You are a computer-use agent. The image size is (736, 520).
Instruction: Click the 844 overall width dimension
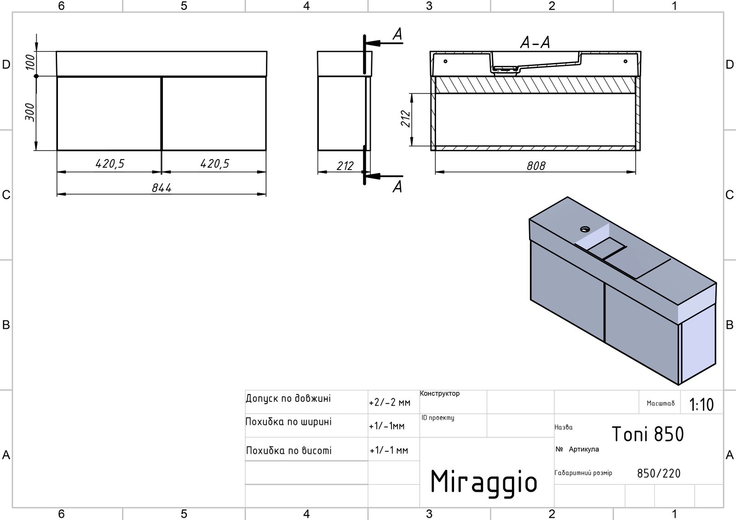tap(161, 188)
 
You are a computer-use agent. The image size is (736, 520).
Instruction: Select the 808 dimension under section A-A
tap(536, 166)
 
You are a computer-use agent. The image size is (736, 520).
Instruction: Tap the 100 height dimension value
tap(30, 62)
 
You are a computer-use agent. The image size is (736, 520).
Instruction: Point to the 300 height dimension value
tap(30, 112)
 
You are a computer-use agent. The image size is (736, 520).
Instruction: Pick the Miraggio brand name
tap(483, 482)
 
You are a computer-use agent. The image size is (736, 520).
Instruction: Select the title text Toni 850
tap(648, 434)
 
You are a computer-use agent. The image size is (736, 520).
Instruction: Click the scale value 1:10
tap(701, 405)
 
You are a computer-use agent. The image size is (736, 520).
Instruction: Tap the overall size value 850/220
tap(659, 474)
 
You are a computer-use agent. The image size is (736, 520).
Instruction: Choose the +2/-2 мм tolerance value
tap(390, 402)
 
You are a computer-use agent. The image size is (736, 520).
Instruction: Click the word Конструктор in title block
tap(440, 393)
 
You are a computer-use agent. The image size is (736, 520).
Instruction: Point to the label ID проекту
tap(438, 418)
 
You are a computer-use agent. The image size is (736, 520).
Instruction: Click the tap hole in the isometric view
tap(585, 229)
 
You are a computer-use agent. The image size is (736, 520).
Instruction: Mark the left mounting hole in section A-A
tap(446, 61)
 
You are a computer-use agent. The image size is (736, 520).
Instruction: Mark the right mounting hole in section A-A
tap(625, 61)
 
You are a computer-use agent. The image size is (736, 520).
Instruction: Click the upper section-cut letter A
tap(397, 34)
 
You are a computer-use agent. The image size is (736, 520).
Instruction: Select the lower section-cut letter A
tap(397, 187)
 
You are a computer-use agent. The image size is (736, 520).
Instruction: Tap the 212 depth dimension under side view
tap(345, 166)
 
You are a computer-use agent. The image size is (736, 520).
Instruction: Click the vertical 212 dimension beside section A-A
tap(406, 119)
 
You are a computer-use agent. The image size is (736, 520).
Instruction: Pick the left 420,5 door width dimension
tap(110, 164)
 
